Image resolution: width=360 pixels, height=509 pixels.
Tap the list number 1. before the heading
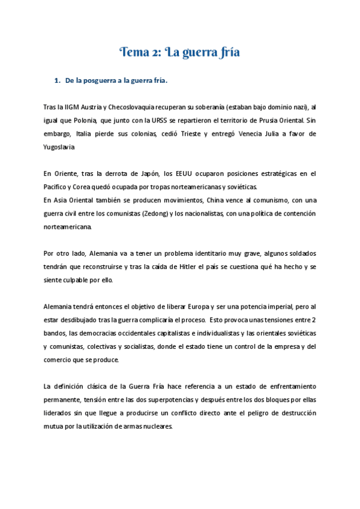point(58,80)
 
